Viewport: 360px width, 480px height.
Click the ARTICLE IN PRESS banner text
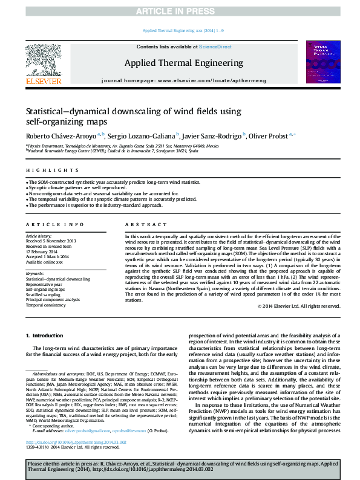pos(180,11)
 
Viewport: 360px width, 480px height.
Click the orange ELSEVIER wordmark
pos(43,82)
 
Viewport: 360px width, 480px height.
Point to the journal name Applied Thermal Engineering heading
pos(183,63)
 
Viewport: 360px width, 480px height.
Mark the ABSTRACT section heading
pos(142,224)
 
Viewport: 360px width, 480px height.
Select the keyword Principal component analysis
pos(53,300)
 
